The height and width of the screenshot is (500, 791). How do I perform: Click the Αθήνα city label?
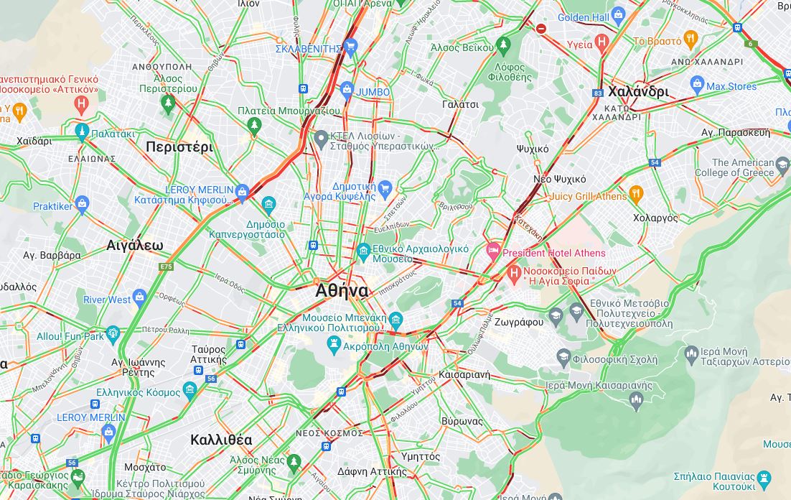pyautogui.click(x=342, y=291)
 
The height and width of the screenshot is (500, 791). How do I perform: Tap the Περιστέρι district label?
pyautogui.click(x=179, y=147)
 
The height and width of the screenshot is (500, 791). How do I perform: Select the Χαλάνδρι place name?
pyautogui.click(x=638, y=92)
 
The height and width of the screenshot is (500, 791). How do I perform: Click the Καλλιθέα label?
pyautogui.click(x=221, y=440)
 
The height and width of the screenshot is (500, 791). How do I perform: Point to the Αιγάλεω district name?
pyautogui.click(x=135, y=246)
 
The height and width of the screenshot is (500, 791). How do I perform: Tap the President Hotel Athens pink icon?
pyautogui.click(x=493, y=252)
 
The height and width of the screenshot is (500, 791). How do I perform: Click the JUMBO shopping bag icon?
pyautogui.click(x=347, y=91)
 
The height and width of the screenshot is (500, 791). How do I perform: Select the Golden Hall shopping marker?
pyautogui.click(x=619, y=17)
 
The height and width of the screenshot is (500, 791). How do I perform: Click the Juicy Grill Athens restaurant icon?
pyautogui.click(x=636, y=195)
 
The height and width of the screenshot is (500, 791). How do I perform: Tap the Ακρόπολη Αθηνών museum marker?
pyautogui.click(x=333, y=346)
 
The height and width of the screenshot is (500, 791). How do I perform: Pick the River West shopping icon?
pyautogui.click(x=140, y=297)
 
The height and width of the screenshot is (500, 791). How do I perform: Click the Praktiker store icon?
pyautogui.click(x=82, y=205)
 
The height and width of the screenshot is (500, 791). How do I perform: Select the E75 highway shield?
pyautogui.click(x=166, y=267)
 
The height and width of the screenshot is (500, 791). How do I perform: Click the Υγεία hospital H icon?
pyautogui.click(x=602, y=43)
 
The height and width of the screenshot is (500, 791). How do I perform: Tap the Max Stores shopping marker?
pyautogui.click(x=696, y=85)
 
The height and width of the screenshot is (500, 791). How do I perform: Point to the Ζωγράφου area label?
pyautogui.click(x=519, y=322)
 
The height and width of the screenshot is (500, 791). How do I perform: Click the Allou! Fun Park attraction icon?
pyautogui.click(x=113, y=334)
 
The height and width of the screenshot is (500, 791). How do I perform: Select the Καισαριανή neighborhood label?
pyautogui.click(x=464, y=375)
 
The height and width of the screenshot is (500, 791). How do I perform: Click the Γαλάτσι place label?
pyautogui.click(x=460, y=104)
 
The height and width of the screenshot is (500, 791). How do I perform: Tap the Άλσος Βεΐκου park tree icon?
pyautogui.click(x=503, y=46)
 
